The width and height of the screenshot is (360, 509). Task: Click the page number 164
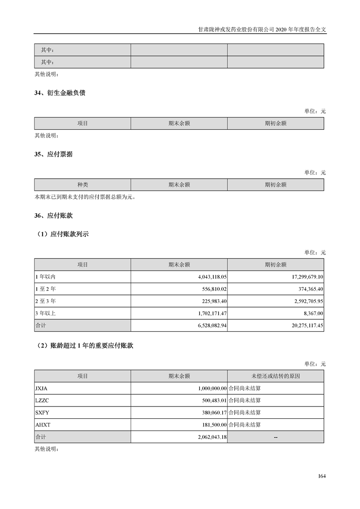tap(322, 476)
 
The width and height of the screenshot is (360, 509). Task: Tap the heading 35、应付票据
tap(54, 154)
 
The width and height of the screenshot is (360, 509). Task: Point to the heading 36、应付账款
tap(54, 216)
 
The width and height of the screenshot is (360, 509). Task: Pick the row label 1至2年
tap(45, 289)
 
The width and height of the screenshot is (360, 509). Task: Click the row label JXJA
tap(41, 388)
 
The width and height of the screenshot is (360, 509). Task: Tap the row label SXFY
tap(41, 413)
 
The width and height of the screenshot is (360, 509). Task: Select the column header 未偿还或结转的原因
tap(276, 376)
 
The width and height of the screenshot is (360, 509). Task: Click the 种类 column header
tap(83, 185)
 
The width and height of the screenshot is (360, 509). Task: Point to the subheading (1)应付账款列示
tap(62, 235)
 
